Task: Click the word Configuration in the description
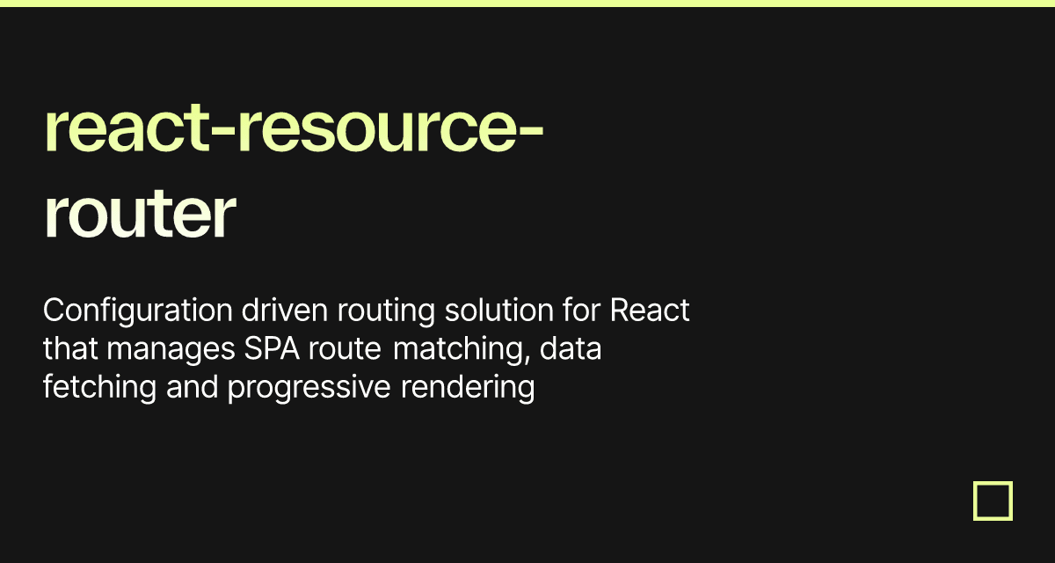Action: [138, 311]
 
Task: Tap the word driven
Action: [285, 310]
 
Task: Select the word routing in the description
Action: [386, 311]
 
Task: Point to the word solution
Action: [499, 310]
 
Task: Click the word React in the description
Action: [650, 310]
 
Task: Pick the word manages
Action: [171, 350]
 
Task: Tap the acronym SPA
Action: [272, 348]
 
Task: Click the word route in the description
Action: [345, 350]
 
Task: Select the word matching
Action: [462, 350]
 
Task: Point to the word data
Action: [571, 348]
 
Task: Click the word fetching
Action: [100, 388]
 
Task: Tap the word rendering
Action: [468, 388]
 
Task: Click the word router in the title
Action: [140, 216]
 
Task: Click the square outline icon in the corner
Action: [993, 483]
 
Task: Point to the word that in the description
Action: [70, 348]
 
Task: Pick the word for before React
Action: [582, 310]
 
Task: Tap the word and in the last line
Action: [193, 387]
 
